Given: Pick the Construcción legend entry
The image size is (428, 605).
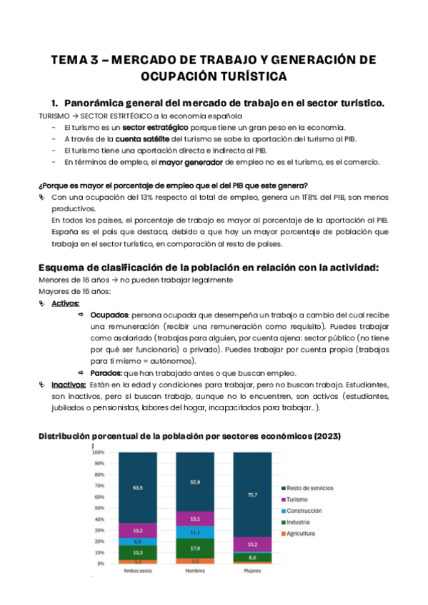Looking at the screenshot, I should pyautogui.click(x=304, y=511).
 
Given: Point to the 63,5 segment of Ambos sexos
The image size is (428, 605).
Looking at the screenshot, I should pyautogui.click(x=138, y=488).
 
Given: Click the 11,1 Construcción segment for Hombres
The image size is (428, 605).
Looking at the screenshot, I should pyautogui.click(x=195, y=532).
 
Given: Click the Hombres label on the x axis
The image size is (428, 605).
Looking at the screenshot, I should pyautogui.click(x=195, y=571).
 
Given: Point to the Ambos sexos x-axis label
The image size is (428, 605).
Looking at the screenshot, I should pyautogui.click(x=138, y=571).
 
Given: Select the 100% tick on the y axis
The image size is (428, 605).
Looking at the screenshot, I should pyautogui.click(x=99, y=452).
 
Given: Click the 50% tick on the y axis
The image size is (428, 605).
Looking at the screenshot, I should pyautogui.click(x=100, y=508).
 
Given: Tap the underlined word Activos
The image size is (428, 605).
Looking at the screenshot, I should pyautogui.click(x=65, y=303).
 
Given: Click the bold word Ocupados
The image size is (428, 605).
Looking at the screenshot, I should pyautogui.click(x=109, y=315).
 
